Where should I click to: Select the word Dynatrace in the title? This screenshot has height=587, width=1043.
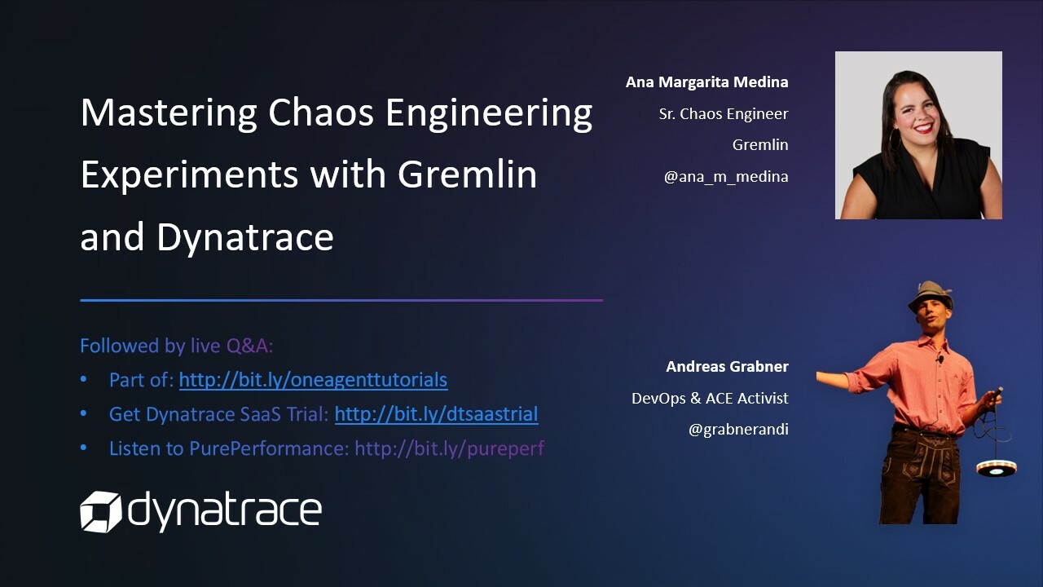point(244,237)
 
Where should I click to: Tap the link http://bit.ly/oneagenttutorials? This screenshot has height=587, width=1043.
point(313,380)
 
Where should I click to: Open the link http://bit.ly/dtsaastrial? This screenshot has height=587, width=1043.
point(436,414)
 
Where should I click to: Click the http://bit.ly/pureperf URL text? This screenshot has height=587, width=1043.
point(449,448)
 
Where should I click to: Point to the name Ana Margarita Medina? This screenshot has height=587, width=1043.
point(706,82)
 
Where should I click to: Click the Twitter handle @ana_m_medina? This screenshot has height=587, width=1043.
point(725,176)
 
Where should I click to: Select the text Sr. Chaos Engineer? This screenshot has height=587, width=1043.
point(723,114)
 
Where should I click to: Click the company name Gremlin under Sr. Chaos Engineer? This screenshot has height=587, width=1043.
point(759,145)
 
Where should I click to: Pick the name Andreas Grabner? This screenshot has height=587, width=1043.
point(727,367)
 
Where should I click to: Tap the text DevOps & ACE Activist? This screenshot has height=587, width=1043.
point(710,399)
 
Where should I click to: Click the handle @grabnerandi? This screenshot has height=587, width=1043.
point(738,430)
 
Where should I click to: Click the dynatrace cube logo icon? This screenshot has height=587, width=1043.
point(100,511)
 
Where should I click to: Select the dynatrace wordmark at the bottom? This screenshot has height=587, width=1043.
point(225,511)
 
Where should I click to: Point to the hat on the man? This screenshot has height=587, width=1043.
point(931,296)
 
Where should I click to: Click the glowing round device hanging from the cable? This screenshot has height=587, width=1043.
point(996,467)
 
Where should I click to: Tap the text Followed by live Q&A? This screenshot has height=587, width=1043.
point(176,346)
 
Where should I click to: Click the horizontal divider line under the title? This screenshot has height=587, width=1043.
point(341,300)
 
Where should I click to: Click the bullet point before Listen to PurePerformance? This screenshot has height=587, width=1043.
point(84,448)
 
